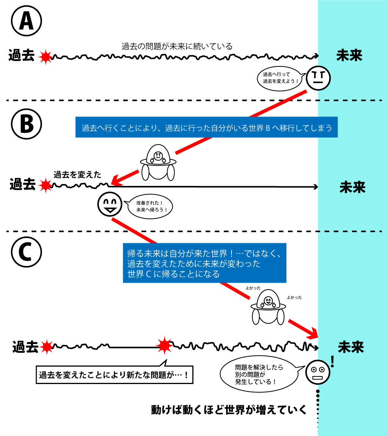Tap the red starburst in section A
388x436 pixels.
(45, 57)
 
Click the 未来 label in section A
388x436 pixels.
(349, 56)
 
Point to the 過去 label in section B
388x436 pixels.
(22, 185)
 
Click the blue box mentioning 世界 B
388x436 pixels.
(206, 128)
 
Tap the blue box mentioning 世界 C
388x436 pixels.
(205, 263)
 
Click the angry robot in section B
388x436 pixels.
(158, 163)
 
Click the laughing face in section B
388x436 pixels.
(110, 205)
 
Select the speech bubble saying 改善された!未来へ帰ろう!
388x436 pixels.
(149, 207)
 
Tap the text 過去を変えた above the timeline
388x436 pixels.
(77, 175)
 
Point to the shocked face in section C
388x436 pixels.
(318, 372)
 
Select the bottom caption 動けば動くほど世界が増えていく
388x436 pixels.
(228, 410)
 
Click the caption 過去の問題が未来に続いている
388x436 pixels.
(177, 47)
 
